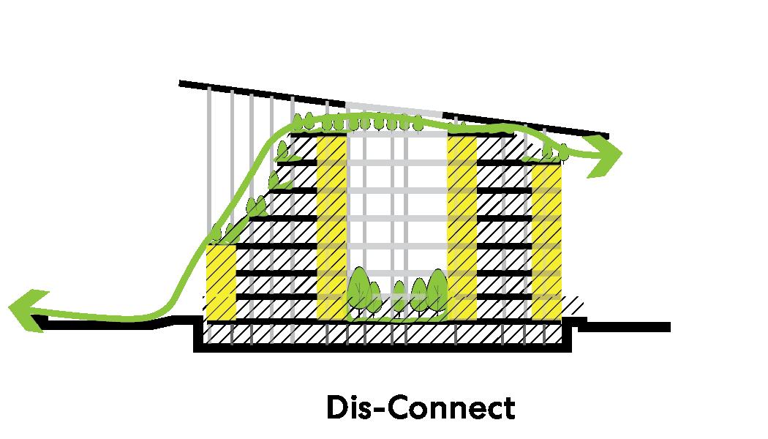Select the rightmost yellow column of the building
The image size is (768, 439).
(x=546, y=241)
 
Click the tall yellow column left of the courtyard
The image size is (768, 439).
(x=332, y=227)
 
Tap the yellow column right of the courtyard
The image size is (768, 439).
(x=462, y=227)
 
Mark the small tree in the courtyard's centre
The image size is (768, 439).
(x=399, y=296)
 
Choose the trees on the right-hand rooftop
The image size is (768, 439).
(x=557, y=151)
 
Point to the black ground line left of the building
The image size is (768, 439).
(x=110, y=324)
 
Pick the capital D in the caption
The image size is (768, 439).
(x=335, y=408)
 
